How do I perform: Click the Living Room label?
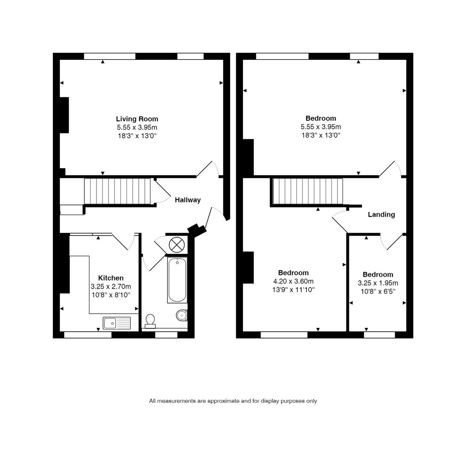click(x=137, y=119)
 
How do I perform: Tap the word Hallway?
click(x=188, y=200)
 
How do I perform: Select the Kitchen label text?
click(x=111, y=278)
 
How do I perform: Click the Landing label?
click(x=381, y=214)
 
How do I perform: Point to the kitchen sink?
click(x=116, y=323)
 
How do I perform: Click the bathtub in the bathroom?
click(x=177, y=280)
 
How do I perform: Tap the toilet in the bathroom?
click(x=150, y=321)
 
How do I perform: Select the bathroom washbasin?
click(x=182, y=315)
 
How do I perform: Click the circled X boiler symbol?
click(x=176, y=245)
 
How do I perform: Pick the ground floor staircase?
click(x=117, y=192)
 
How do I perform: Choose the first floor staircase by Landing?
click(x=308, y=192)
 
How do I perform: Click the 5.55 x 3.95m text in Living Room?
click(x=137, y=128)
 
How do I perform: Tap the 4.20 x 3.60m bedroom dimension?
click(x=293, y=281)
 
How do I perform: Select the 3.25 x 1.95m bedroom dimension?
click(x=378, y=283)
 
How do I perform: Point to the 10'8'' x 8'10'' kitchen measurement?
click(x=111, y=295)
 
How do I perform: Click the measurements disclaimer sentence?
click(x=233, y=401)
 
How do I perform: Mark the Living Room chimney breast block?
click(x=64, y=115)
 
